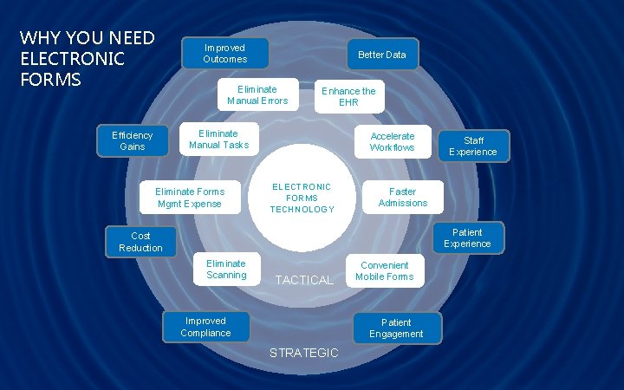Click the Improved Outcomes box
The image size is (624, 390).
pos(224,54)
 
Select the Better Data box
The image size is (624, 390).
pos(382,55)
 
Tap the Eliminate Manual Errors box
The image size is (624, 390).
pos(257,95)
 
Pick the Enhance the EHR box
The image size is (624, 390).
pos(348,97)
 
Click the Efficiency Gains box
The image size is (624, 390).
pos(133,141)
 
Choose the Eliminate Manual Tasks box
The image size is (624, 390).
pos(218,140)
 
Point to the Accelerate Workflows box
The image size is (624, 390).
pos(392,142)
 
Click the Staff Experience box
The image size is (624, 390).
pos(473,146)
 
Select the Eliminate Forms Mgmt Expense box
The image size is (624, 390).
pos(189,198)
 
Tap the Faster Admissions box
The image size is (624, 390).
pos(402,198)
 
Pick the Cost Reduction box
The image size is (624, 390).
pos(140,242)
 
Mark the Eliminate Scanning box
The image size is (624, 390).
pos(225,270)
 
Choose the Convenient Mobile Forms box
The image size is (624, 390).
pos(384,271)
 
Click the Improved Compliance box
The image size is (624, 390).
pos(205,327)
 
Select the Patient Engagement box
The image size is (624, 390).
pos(396,328)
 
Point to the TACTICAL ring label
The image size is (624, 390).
pos(303,280)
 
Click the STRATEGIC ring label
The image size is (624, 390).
pos(303,353)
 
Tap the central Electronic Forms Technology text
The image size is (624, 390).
pos(302,198)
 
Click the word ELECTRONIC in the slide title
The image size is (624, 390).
pos(72,59)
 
